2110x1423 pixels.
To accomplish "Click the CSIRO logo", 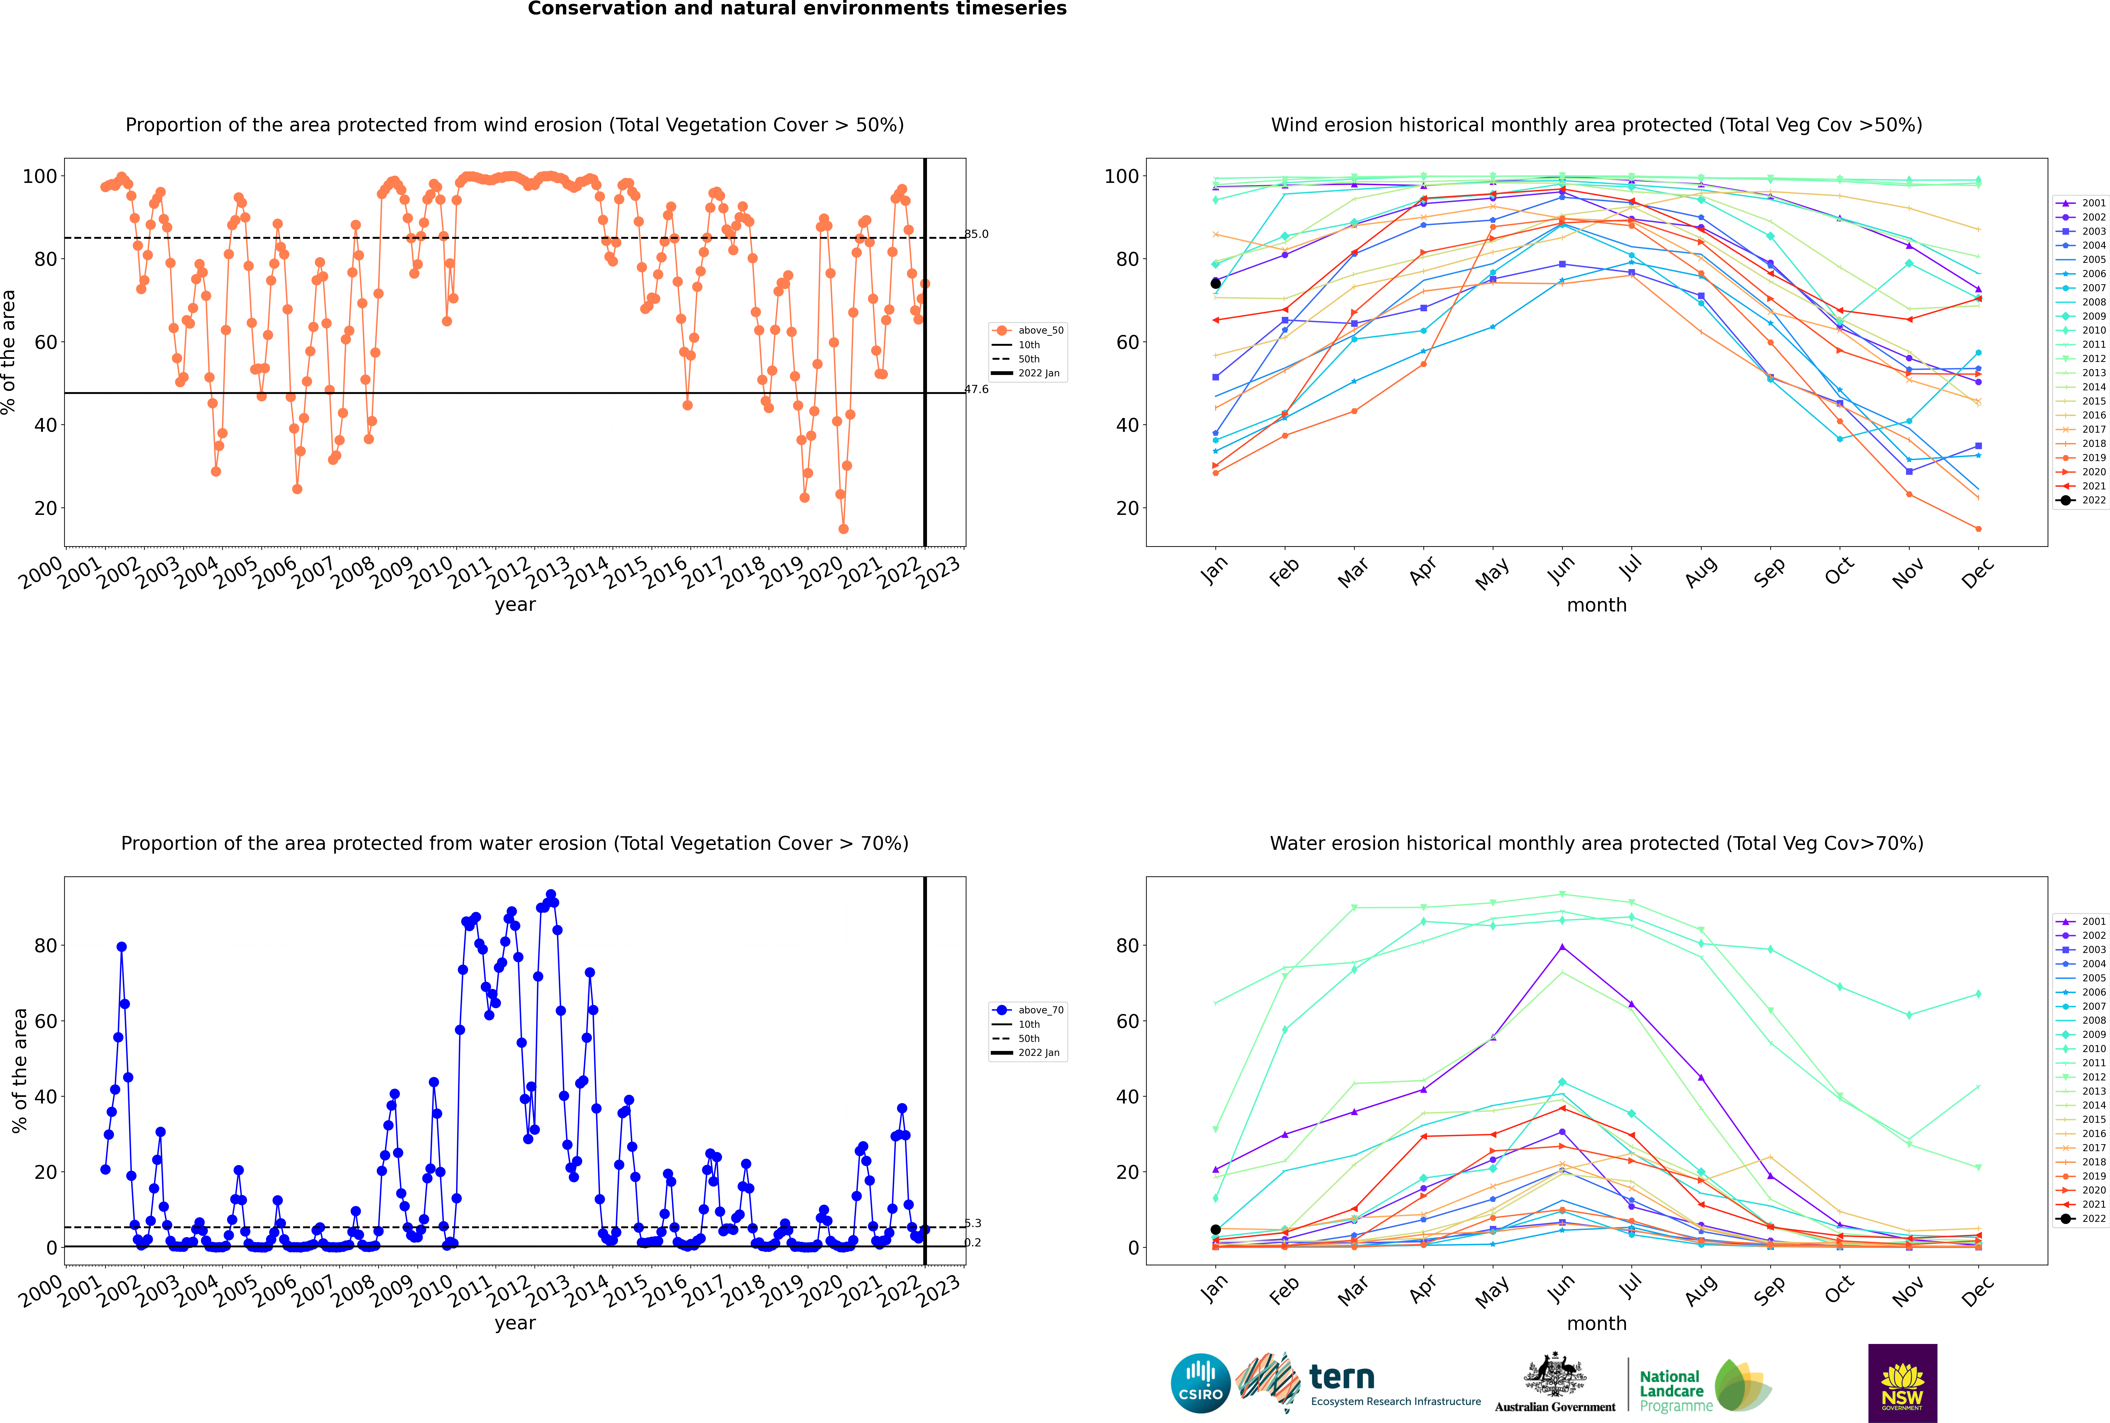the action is point(1200,1383).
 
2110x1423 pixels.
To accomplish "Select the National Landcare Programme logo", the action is point(1704,1385).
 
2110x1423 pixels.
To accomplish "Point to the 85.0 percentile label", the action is point(976,234).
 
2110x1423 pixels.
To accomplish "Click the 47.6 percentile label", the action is point(976,389).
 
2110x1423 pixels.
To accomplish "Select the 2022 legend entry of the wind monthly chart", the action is point(2082,500).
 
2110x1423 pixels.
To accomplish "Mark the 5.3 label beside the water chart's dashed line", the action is point(972,1223).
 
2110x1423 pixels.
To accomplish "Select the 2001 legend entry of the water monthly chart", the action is point(2082,921).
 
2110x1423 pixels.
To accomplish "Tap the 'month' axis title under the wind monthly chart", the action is point(1597,605).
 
